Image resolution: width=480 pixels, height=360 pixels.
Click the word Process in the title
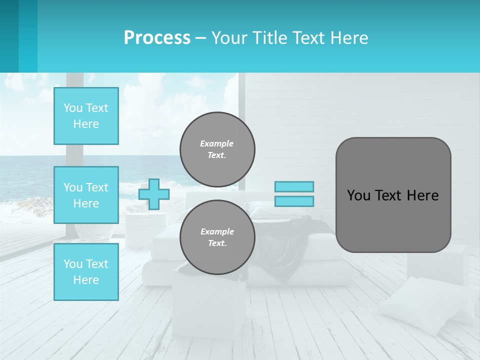tap(157, 38)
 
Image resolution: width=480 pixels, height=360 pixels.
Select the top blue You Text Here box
tap(86, 116)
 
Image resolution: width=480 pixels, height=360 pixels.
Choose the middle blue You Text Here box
tap(86, 195)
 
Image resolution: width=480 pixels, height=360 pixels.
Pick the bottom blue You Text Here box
tap(86, 272)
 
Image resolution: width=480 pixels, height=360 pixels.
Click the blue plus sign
tap(154, 194)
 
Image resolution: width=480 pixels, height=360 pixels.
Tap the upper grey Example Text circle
tap(217, 149)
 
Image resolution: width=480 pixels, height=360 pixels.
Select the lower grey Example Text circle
tap(217, 237)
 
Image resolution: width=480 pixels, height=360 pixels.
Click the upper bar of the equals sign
tap(294, 186)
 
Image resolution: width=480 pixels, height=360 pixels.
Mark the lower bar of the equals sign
tap(294, 201)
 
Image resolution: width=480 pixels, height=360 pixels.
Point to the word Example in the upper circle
tap(217, 143)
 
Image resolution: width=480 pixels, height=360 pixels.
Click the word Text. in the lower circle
tap(217, 243)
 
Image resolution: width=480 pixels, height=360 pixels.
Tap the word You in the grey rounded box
tap(358, 195)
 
